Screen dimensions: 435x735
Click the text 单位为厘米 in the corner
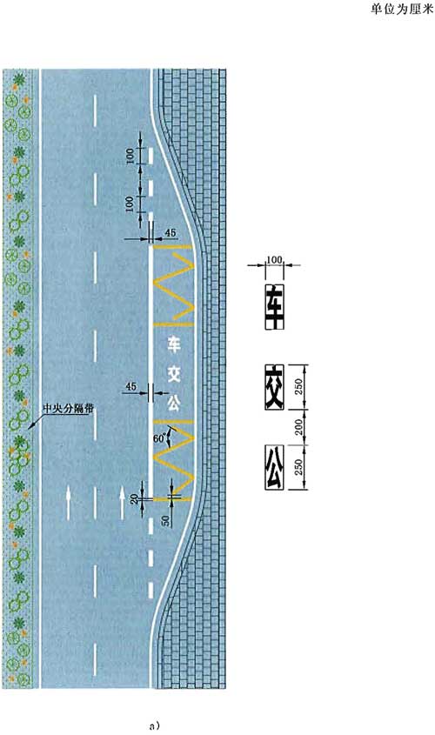coord(402,10)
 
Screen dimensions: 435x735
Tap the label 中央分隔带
coord(68,408)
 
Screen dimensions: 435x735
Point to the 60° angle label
coord(159,439)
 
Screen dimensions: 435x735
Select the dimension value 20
coord(135,498)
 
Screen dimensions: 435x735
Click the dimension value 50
coord(165,520)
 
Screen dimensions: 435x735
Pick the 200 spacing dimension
coord(299,426)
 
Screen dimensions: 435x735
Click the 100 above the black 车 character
coord(274,260)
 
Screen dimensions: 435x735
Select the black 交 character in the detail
coord(274,386)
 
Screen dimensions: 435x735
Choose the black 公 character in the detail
coord(274,467)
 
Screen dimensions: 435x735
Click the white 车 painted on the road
coord(174,345)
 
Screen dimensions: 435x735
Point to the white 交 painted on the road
coord(174,374)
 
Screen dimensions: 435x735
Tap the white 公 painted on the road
coord(174,403)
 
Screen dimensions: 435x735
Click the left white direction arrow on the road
coord(69,503)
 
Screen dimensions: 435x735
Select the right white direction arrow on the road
coord(122,503)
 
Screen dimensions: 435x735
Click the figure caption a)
coord(155,726)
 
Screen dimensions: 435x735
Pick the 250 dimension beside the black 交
coord(299,386)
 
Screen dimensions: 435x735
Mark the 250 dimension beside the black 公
coord(299,467)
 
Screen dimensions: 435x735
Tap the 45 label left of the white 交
coord(130,387)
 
